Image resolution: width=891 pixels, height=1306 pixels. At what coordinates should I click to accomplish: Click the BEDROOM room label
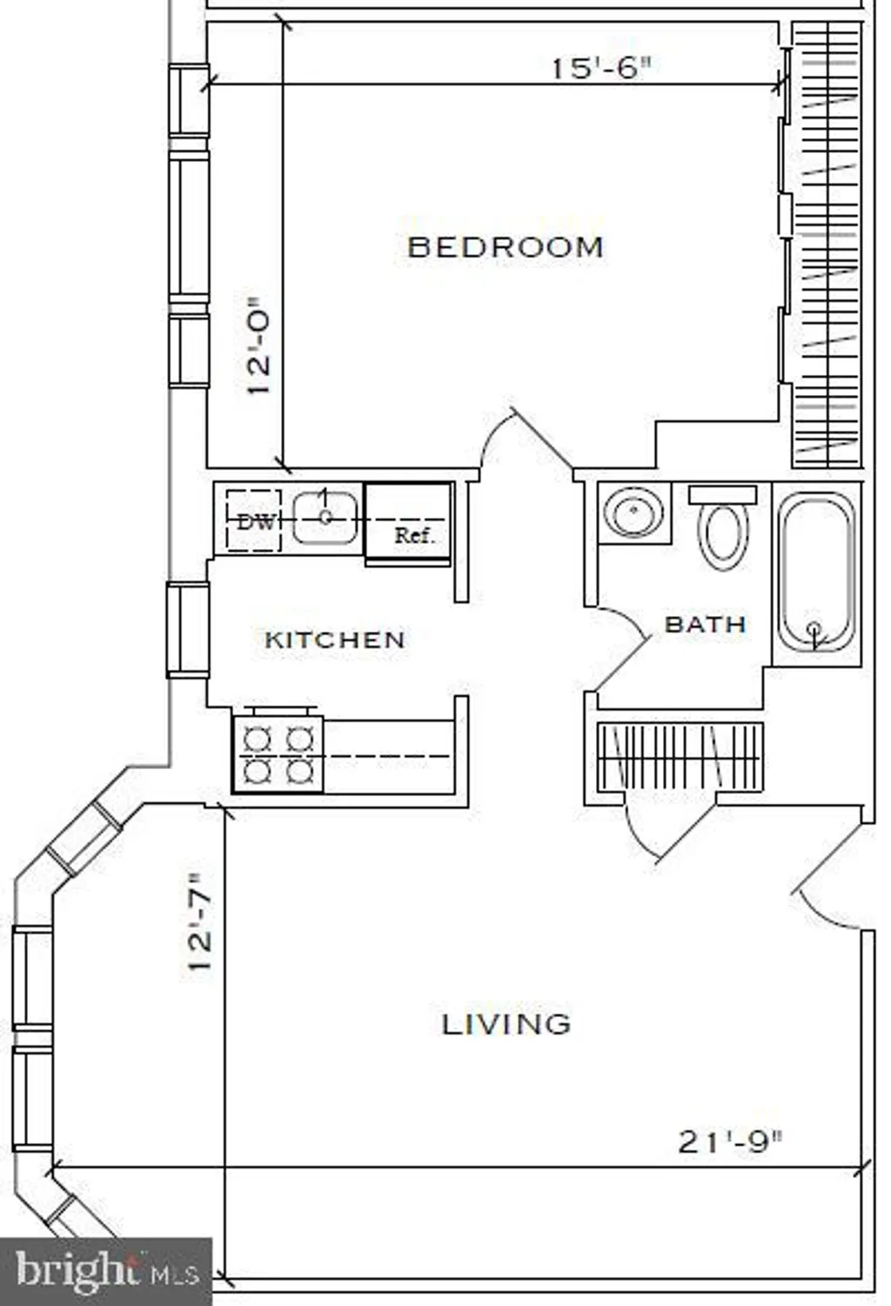point(505,247)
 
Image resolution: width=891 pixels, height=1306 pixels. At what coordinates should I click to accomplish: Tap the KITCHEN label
point(335,640)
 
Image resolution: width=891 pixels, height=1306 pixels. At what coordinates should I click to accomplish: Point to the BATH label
point(705,625)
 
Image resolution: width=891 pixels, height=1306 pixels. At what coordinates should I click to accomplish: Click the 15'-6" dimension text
point(600,68)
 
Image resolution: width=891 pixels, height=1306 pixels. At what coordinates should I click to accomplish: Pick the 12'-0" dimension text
point(259,345)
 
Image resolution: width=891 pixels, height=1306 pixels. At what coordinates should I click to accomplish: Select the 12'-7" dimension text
point(199,921)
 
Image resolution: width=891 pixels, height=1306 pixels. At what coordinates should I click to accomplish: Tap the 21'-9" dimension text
point(729,1141)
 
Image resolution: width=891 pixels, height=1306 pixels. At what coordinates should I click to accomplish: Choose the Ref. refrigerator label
point(414,535)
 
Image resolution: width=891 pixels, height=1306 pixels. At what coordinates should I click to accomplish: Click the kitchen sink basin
point(325,518)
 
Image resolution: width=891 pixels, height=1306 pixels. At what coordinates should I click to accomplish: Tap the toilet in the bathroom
point(723,527)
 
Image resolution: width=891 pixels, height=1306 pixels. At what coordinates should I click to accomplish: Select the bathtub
point(816,572)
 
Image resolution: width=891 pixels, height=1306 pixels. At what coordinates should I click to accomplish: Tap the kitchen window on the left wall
point(188,629)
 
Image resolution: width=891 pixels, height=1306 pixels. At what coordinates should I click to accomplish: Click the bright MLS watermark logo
point(105,1269)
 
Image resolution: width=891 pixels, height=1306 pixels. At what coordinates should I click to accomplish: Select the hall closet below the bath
point(680,757)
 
